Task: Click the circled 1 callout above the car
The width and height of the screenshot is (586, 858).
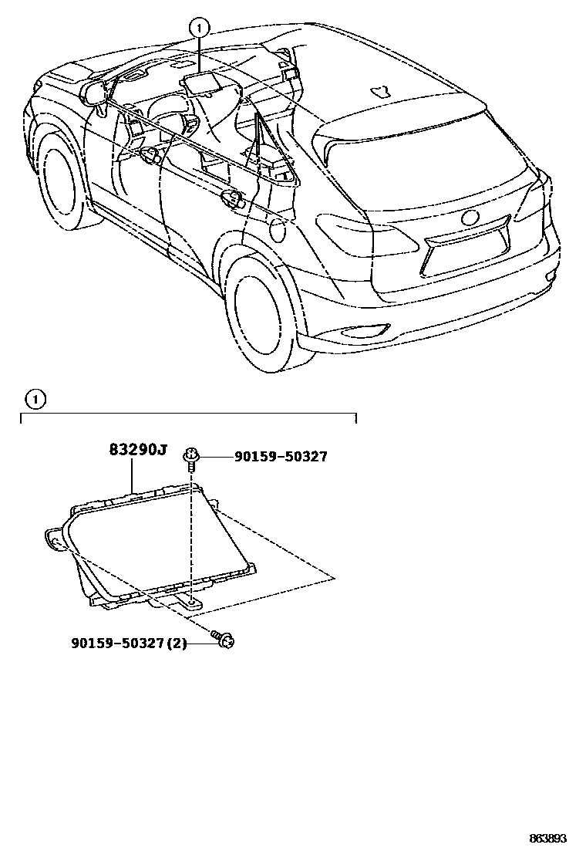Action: click(x=199, y=28)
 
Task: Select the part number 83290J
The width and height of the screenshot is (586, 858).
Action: click(x=136, y=450)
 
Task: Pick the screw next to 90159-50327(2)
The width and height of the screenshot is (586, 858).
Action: click(x=224, y=639)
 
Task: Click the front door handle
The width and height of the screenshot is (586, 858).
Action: click(x=152, y=157)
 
